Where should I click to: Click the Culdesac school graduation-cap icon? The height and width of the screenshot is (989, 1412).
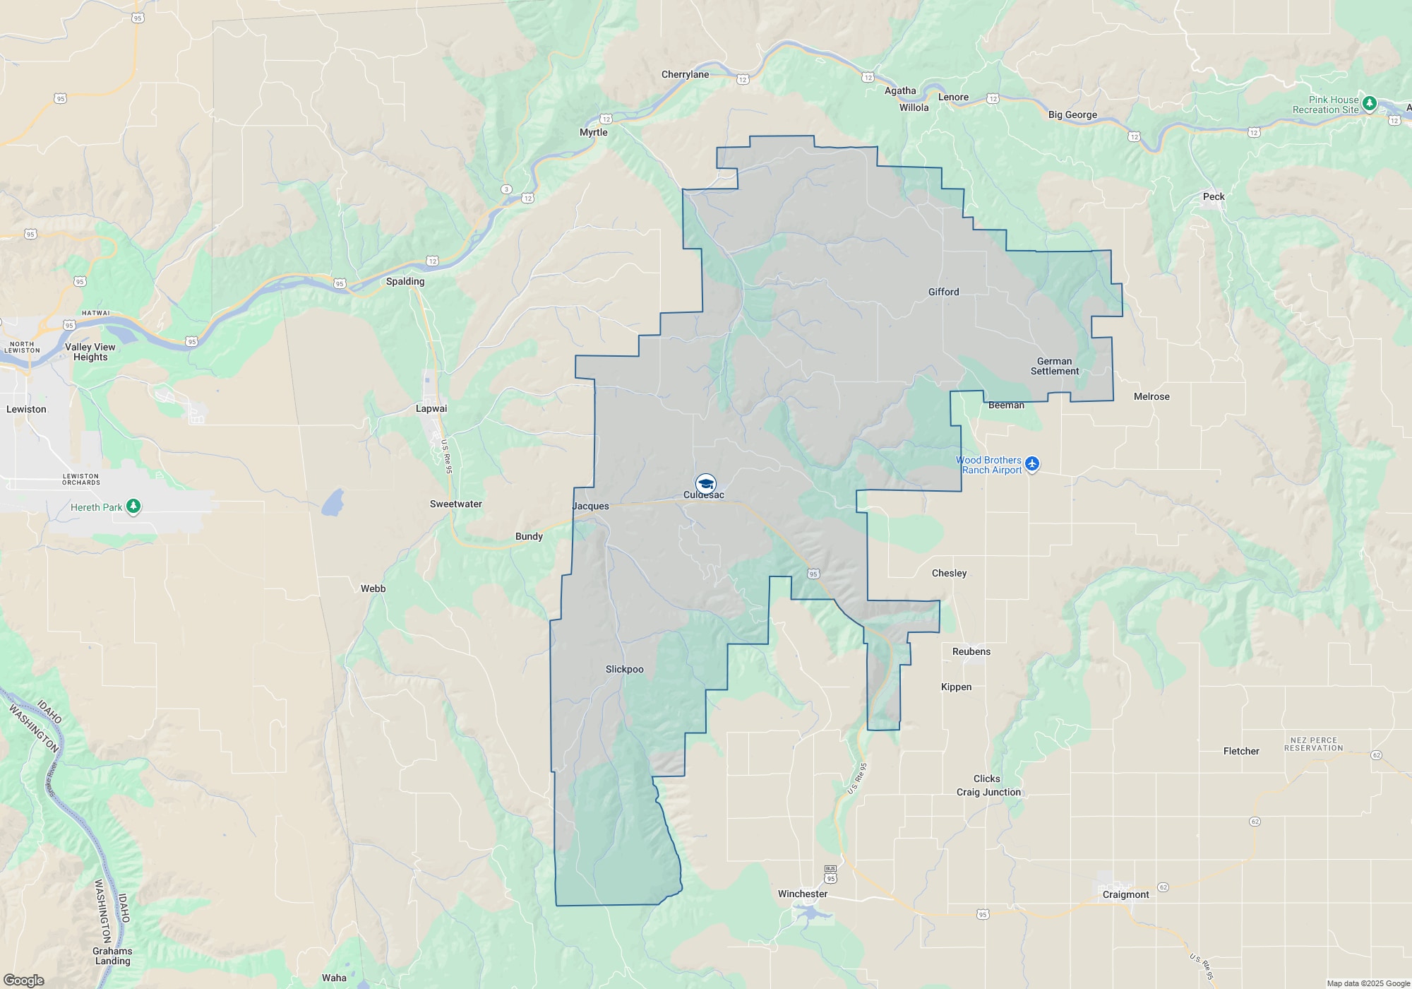click(705, 484)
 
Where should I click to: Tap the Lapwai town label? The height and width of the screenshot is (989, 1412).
click(431, 408)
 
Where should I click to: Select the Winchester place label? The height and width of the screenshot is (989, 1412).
click(803, 894)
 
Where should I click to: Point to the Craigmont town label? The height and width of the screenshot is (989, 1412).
click(1125, 894)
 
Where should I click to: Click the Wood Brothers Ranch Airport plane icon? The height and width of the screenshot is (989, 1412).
click(1032, 464)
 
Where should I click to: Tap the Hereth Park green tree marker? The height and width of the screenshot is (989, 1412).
click(133, 507)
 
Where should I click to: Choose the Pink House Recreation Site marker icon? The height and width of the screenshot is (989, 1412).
click(1369, 104)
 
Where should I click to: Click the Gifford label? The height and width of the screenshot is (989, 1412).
click(943, 292)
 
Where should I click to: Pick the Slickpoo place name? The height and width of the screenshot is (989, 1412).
click(625, 669)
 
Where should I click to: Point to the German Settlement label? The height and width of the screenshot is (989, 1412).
click(1055, 366)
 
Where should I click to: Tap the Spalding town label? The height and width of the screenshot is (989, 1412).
click(405, 281)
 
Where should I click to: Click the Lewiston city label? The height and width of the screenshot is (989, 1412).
click(26, 409)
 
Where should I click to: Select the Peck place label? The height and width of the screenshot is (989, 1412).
click(1214, 196)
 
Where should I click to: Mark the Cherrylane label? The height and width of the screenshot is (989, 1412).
click(685, 74)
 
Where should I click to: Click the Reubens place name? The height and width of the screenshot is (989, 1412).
click(971, 651)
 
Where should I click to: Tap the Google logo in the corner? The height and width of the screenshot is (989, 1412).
click(24, 981)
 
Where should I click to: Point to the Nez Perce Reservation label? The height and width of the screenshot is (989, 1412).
click(1313, 744)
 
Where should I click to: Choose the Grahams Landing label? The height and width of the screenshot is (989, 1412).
click(112, 956)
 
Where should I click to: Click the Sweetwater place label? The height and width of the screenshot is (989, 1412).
click(456, 504)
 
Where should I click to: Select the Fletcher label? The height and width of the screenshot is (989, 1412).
click(1241, 751)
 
